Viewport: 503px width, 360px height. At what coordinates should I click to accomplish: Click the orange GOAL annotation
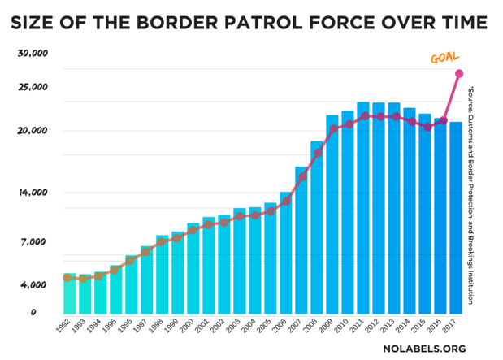click(444, 58)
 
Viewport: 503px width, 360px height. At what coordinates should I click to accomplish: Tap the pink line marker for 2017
click(459, 74)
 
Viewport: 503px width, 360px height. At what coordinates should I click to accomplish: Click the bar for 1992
click(69, 293)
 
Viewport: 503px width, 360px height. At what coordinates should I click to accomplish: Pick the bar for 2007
click(301, 240)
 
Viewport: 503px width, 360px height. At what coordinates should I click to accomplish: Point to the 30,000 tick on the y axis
click(33, 54)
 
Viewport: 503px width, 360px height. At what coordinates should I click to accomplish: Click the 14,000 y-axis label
click(33, 193)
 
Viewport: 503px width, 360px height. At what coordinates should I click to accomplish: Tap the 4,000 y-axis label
click(33, 285)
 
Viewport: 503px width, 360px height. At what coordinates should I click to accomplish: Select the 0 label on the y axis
click(33, 312)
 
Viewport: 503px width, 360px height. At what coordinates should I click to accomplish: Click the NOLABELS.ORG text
click(424, 349)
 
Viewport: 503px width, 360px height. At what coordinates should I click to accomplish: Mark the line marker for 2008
click(318, 154)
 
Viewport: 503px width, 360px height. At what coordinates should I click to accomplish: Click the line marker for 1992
click(68, 278)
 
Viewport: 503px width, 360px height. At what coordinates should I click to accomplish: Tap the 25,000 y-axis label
click(33, 87)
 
